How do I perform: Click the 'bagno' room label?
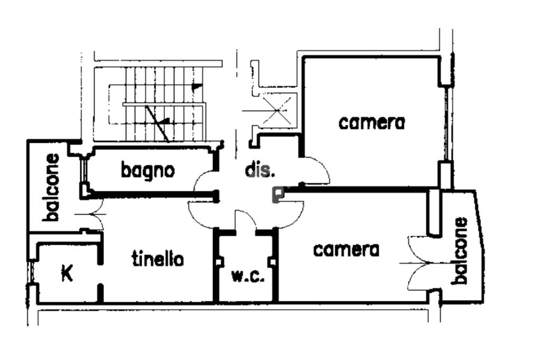point(147,171)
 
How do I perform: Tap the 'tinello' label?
point(157,259)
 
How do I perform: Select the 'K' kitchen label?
point(67,273)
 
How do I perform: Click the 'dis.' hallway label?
point(260,171)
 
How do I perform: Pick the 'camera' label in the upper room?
point(372,123)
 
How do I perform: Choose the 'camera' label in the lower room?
point(346,250)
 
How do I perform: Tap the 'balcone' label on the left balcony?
point(52,187)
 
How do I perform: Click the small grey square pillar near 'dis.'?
point(277,195)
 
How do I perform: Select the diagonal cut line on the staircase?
point(157,123)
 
